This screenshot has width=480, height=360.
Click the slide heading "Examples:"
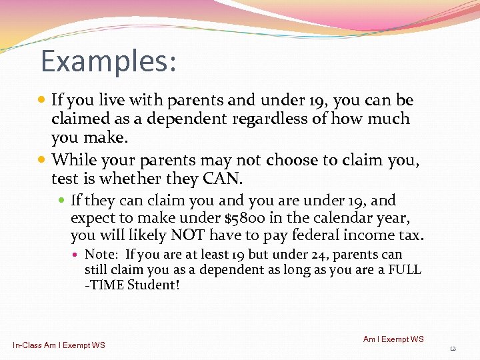[109, 61]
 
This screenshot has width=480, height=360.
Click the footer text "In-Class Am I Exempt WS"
[59, 345]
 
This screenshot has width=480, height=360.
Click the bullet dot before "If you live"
[43, 101]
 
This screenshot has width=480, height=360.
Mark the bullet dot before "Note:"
[77, 255]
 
